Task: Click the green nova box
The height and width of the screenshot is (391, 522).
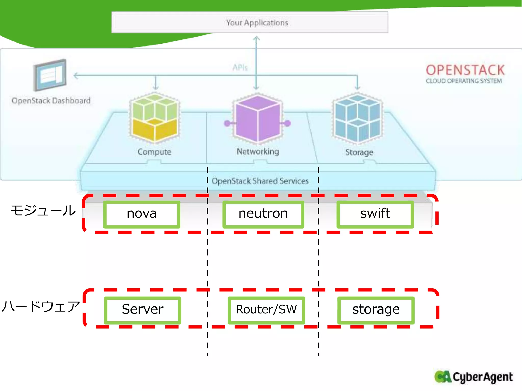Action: click(142, 214)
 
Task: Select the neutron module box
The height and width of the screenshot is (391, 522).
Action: click(263, 214)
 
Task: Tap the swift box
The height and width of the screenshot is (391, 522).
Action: click(375, 214)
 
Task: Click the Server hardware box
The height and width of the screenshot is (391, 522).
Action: click(142, 310)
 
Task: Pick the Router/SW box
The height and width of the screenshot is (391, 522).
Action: click(266, 310)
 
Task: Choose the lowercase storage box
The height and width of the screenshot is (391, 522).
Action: click(376, 310)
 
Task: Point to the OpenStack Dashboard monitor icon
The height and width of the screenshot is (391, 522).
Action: click(50, 75)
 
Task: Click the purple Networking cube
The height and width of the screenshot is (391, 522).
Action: click(257, 118)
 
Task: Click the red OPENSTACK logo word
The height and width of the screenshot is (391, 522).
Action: click(465, 70)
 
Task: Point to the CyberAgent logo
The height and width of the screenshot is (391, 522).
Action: click(474, 377)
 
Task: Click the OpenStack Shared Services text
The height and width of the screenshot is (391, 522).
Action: click(260, 181)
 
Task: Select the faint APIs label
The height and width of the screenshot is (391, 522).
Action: click(240, 68)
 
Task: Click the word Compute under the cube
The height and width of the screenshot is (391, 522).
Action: click(154, 152)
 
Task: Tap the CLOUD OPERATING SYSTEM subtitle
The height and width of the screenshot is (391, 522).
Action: click(464, 81)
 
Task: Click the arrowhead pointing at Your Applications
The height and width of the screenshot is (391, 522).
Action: click(256, 38)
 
